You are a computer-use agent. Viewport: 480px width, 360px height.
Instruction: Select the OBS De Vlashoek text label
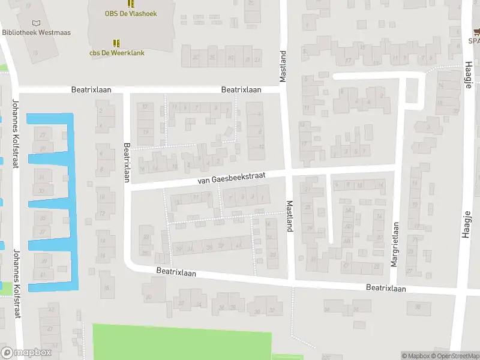click(x=131, y=13)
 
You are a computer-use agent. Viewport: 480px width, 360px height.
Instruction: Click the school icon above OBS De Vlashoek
click(x=131, y=3)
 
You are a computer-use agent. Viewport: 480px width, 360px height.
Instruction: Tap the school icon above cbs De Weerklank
click(x=116, y=43)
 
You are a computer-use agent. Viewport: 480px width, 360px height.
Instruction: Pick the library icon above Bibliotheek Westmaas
click(x=41, y=22)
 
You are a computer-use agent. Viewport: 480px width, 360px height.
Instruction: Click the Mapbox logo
click(x=26, y=353)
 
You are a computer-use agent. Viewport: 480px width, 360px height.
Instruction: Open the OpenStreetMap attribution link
click(x=455, y=356)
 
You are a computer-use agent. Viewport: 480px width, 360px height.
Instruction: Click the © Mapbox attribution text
click(x=415, y=356)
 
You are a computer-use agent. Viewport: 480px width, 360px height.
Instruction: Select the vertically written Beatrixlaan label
click(x=127, y=162)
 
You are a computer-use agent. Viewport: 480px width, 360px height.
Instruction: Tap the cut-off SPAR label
click(x=474, y=41)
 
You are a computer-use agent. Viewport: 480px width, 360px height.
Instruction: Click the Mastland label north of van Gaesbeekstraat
click(x=284, y=67)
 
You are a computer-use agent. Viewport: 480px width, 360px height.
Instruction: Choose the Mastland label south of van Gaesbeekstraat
click(x=289, y=216)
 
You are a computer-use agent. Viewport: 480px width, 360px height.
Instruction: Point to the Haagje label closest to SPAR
click(x=467, y=74)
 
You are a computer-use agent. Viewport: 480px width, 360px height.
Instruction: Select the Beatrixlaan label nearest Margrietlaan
click(x=386, y=289)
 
